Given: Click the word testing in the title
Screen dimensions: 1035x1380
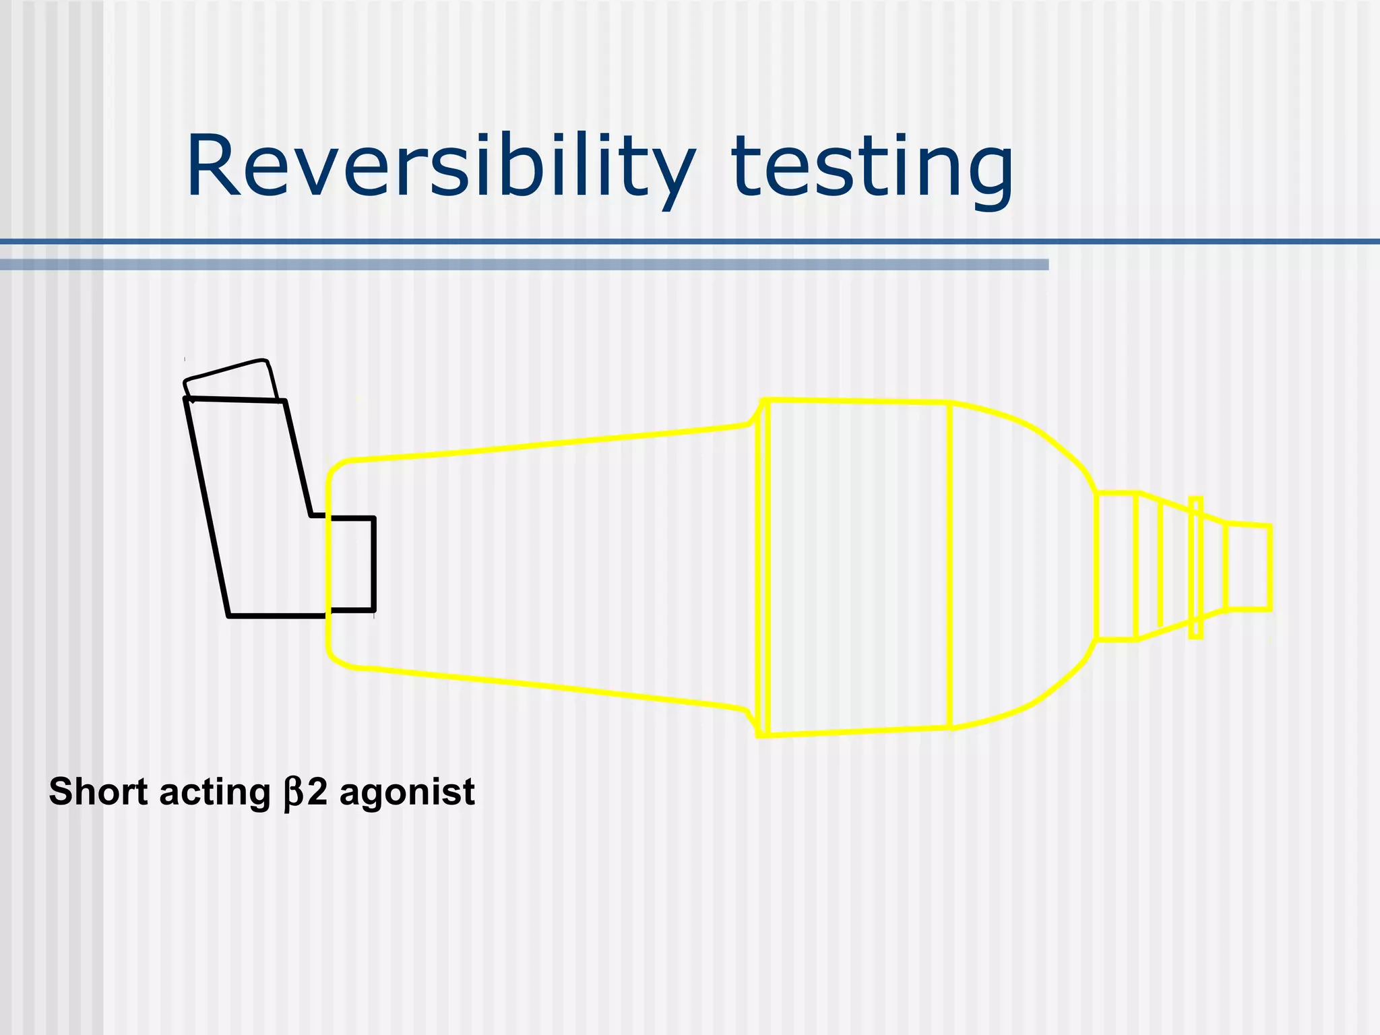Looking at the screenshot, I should click(872, 168).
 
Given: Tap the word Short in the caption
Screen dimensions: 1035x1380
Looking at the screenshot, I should click(98, 792).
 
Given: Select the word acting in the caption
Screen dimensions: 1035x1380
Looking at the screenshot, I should click(214, 792).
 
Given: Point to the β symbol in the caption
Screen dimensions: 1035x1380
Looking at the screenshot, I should click(294, 793).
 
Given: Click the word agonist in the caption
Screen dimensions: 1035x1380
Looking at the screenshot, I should click(407, 793).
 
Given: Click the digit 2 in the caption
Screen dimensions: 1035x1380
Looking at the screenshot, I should click(317, 792).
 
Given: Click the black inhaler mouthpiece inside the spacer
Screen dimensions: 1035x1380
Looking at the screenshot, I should click(352, 564).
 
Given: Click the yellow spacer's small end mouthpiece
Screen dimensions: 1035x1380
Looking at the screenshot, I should click(1248, 567).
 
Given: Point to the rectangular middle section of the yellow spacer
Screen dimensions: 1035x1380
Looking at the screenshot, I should click(859, 567).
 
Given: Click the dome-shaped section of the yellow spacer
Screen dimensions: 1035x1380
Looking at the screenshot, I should click(1017, 567).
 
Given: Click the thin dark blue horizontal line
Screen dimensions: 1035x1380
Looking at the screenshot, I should click(690, 241).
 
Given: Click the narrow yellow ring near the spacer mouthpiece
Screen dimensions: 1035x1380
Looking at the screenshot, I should click(1196, 567).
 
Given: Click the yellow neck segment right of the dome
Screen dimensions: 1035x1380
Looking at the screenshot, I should click(1116, 565).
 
